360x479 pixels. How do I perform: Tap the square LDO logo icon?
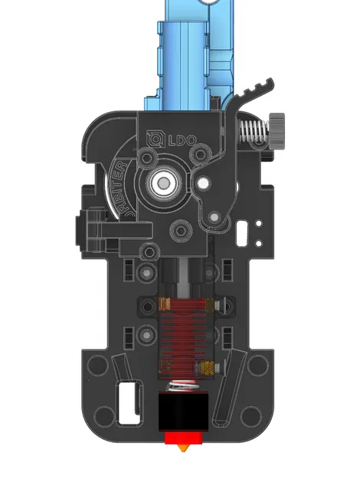154,139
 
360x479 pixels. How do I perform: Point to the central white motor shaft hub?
162,182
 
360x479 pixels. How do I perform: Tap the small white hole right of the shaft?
203,183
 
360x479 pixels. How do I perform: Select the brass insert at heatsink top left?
162,304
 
